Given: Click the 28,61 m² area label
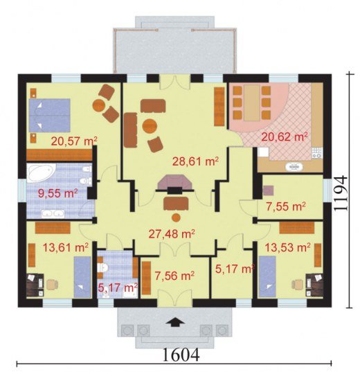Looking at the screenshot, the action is [x=195, y=162].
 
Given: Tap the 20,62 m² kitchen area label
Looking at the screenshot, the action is [x=285, y=137].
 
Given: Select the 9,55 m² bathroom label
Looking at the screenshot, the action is [x=58, y=193].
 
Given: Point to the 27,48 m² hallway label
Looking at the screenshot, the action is [x=172, y=234].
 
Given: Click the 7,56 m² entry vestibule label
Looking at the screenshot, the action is [x=174, y=276].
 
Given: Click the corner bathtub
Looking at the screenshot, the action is [x=41, y=172].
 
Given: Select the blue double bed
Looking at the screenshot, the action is [x=50, y=115].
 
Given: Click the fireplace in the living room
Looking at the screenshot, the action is [x=174, y=184].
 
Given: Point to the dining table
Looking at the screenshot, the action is [x=252, y=103].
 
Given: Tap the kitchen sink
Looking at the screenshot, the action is [x=294, y=167].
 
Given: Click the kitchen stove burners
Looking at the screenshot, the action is [x=317, y=152].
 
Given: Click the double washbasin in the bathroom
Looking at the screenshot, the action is [x=53, y=214].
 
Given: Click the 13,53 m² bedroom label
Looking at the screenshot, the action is [x=287, y=247].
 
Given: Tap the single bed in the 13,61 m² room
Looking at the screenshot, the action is [x=82, y=277].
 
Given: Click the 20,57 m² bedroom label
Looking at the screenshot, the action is [x=74, y=141].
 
